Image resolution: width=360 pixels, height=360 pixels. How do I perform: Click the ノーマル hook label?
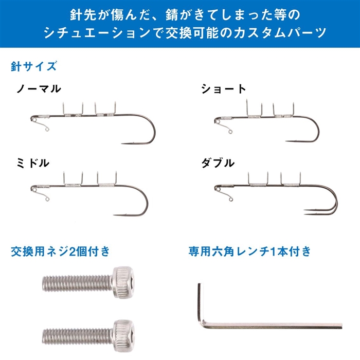pyautogui.click(x=39, y=89)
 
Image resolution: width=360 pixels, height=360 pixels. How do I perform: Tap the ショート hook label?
pyautogui.click(x=224, y=89)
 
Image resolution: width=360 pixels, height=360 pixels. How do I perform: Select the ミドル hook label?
pyautogui.click(x=33, y=163)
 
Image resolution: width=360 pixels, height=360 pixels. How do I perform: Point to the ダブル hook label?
pyautogui.click(x=218, y=163)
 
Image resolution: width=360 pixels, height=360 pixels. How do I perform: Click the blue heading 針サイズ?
pyautogui.click(x=33, y=66)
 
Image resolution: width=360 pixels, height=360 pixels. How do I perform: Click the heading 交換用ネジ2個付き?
pyautogui.click(x=60, y=251)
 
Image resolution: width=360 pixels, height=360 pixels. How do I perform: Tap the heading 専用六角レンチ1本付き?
pyautogui.click(x=249, y=251)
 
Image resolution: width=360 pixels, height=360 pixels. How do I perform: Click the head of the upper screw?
pyautogui.click(x=123, y=283)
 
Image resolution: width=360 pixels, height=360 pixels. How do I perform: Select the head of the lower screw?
pyautogui.click(x=123, y=336)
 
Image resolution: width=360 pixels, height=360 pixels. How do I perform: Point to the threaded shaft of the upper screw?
pyautogui.click(x=77, y=283)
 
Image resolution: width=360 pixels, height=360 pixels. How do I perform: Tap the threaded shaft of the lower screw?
pyautogui.click(x=78, y=337)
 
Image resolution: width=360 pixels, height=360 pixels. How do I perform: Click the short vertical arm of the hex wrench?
pyautogui.click(x=200, y=303)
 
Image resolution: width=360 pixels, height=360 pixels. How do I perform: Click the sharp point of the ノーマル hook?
pyautogui.click(x=122, y=143)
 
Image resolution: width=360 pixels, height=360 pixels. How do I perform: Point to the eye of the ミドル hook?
pyautogui.click(x=33, y=189)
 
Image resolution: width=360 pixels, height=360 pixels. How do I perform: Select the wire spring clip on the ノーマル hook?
pyautogui.click(x=41, y=124)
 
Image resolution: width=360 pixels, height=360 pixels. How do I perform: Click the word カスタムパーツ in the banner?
pyautogui.click(x=280, y=32)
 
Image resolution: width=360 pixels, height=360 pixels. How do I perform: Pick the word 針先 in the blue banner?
pyautogui.click(x=80, y=15)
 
